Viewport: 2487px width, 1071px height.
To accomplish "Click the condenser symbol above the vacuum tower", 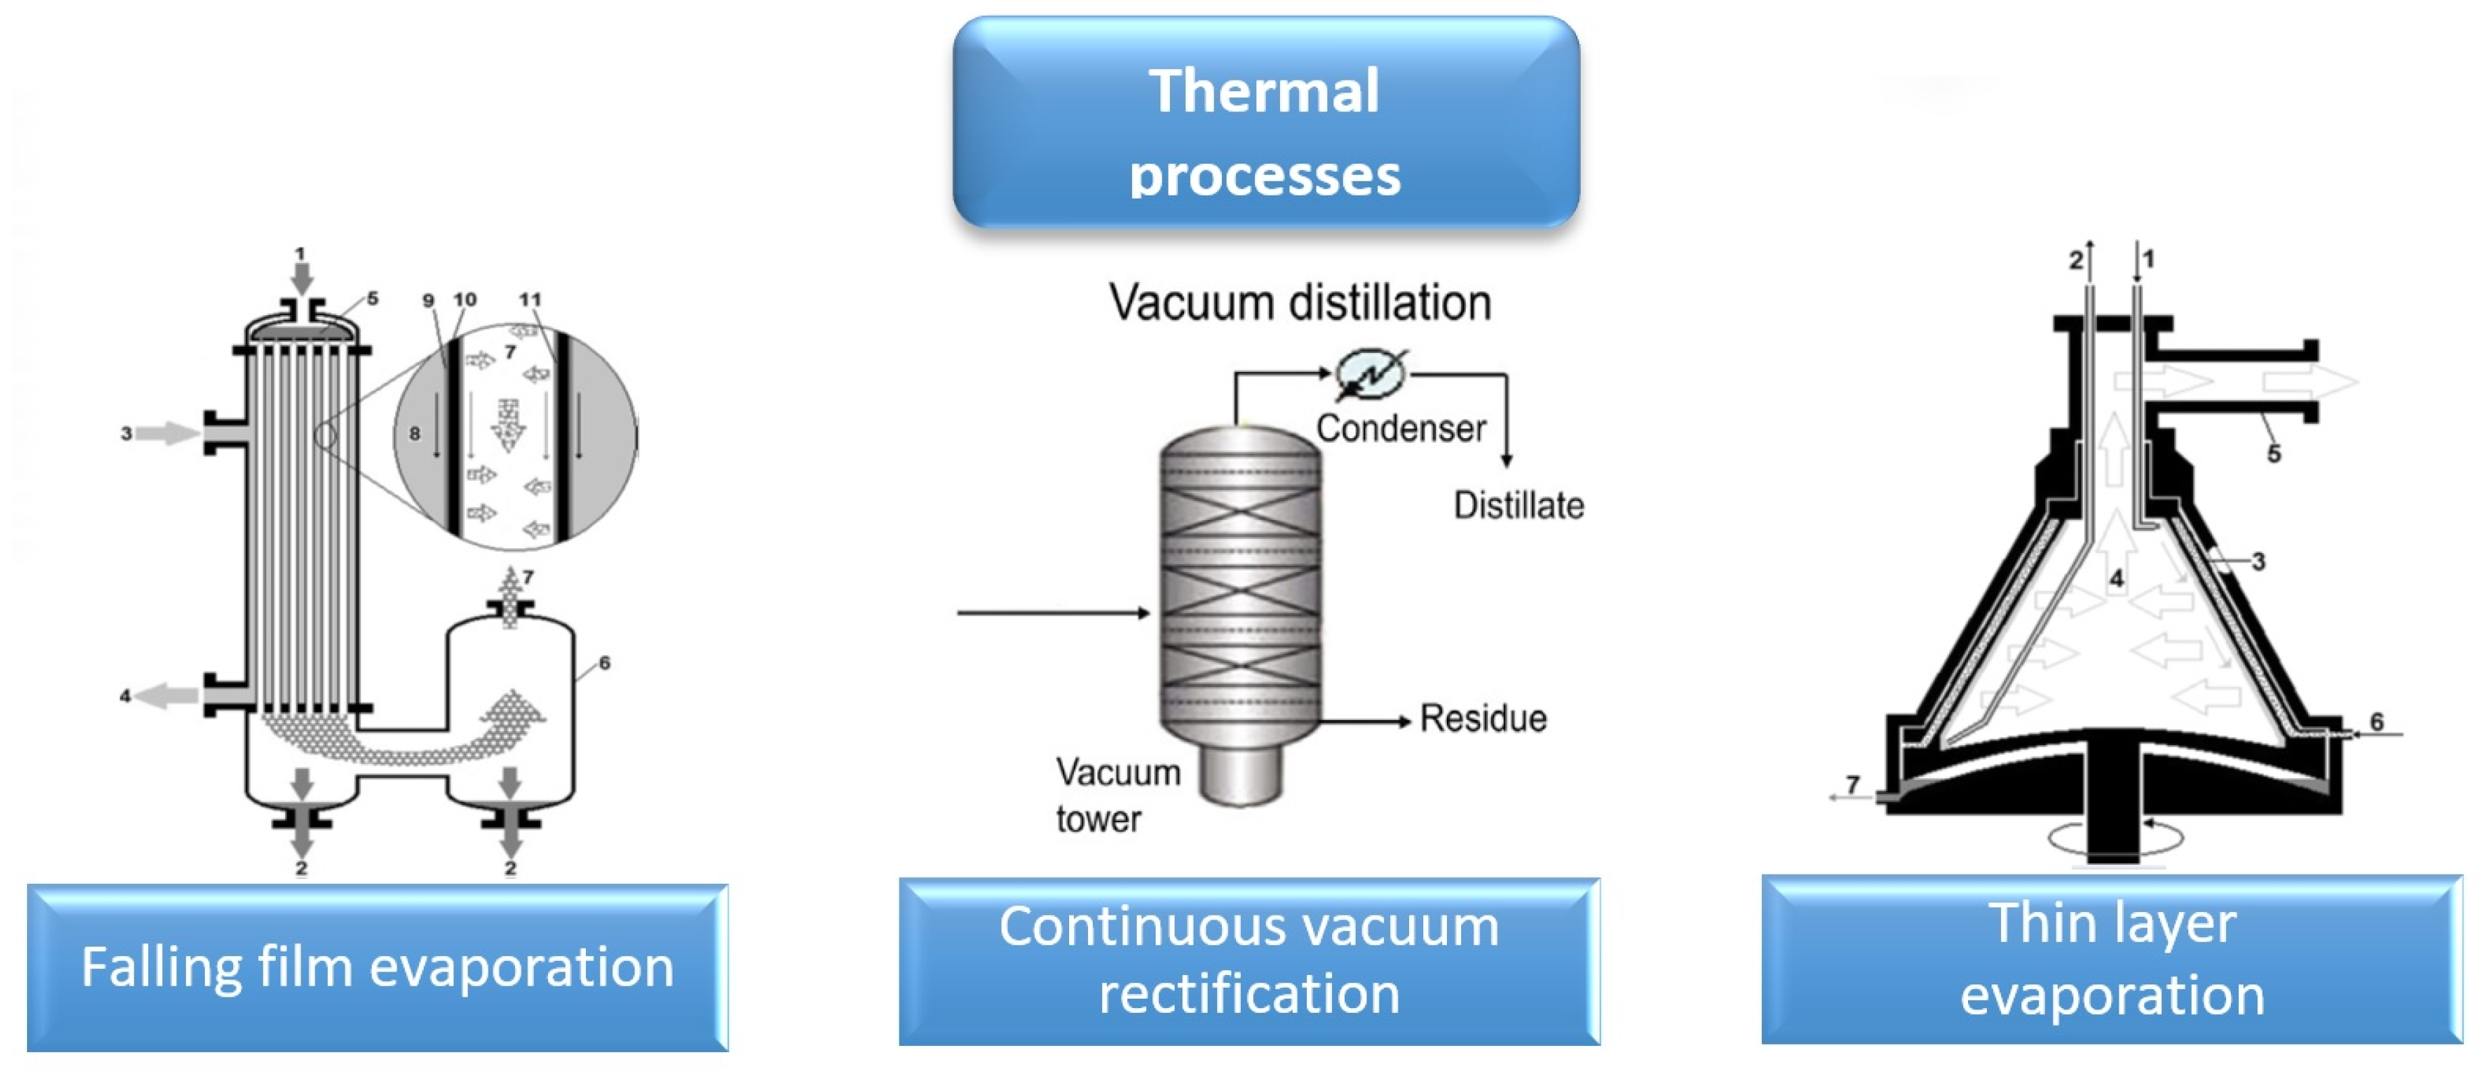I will pyautogui.click(x=1369, y=374).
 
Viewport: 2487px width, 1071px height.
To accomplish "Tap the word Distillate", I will pyautogui.click(x=1518, y=505).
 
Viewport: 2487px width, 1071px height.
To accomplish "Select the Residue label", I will pyautogui.click(x=1482, y=719).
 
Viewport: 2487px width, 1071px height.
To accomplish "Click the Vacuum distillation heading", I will pyautogui.click(x=1300, y=302).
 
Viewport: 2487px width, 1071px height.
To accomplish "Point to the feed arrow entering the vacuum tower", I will pyautogui.click(x=1052, y=613).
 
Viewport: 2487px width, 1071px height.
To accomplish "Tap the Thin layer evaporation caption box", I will pyautogui.click(x=2111, y=959).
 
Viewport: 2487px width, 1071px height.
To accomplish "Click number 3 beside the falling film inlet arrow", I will pyautogui.click(x=126, y=433).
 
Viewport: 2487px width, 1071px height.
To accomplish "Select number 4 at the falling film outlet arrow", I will pyautogui.click(x=124, y=695).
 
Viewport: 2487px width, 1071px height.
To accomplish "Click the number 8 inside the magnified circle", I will pyautogui.click(x=414, y=433).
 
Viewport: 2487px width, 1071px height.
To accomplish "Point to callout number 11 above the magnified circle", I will pyautogui.click(x=529, y=300).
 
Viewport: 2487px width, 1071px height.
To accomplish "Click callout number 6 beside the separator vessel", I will pyautogui.click(x=604, y=663).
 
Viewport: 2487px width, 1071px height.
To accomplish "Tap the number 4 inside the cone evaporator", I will pyautogui.click(x=2116, y=579).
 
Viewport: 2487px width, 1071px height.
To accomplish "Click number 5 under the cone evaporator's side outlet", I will pyautogui.click(x=2273, y=454).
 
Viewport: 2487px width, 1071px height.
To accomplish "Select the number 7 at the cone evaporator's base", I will pyautogui.click(x=1852, y=784).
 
